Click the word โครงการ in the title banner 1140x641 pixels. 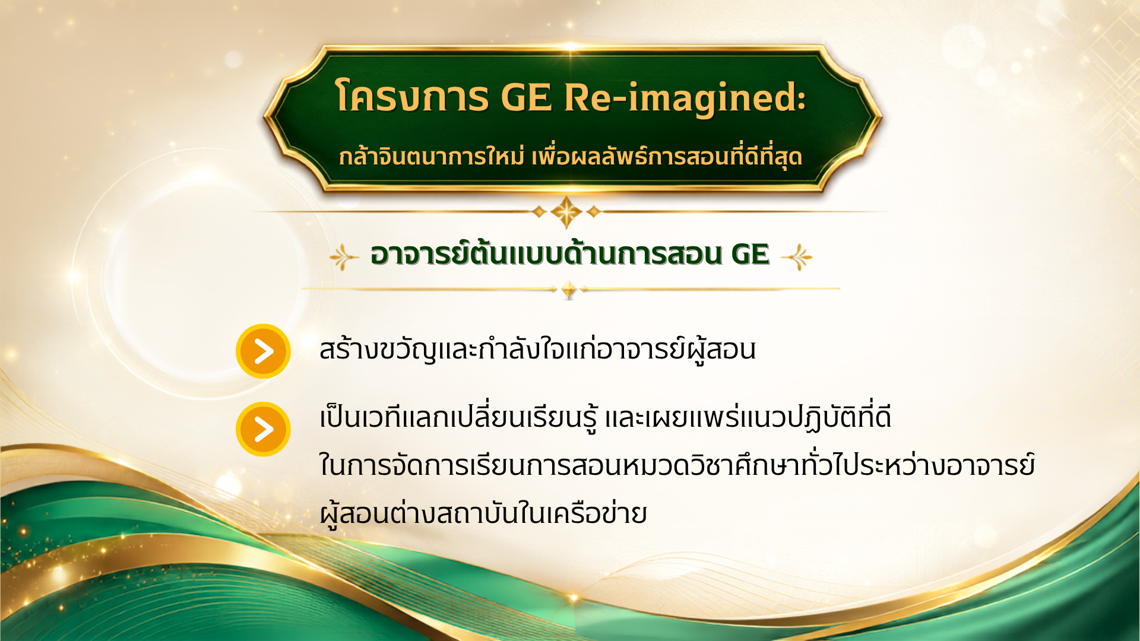412,97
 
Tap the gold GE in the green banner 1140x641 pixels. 527,97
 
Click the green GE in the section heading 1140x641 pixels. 750,255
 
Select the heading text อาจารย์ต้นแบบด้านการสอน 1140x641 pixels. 546,253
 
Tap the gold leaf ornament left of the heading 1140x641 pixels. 344,257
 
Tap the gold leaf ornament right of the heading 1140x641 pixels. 797,257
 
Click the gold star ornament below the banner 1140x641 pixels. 566,211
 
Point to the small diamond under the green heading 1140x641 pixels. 569,290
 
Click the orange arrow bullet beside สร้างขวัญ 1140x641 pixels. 263,351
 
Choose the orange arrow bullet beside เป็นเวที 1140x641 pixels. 263,429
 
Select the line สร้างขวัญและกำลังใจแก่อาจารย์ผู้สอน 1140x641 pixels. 537,348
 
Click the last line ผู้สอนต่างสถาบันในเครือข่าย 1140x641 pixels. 483,513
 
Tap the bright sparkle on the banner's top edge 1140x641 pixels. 570,46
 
